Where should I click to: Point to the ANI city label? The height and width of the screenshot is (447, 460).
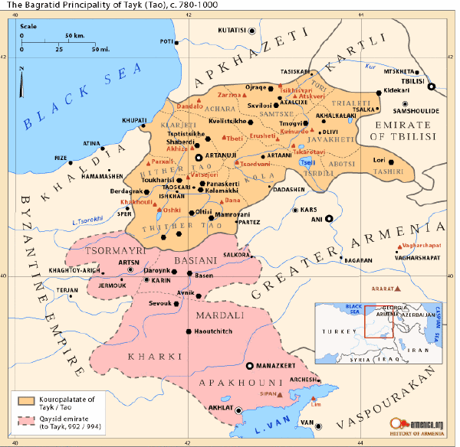314,218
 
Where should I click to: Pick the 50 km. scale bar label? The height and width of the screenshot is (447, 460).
75,36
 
